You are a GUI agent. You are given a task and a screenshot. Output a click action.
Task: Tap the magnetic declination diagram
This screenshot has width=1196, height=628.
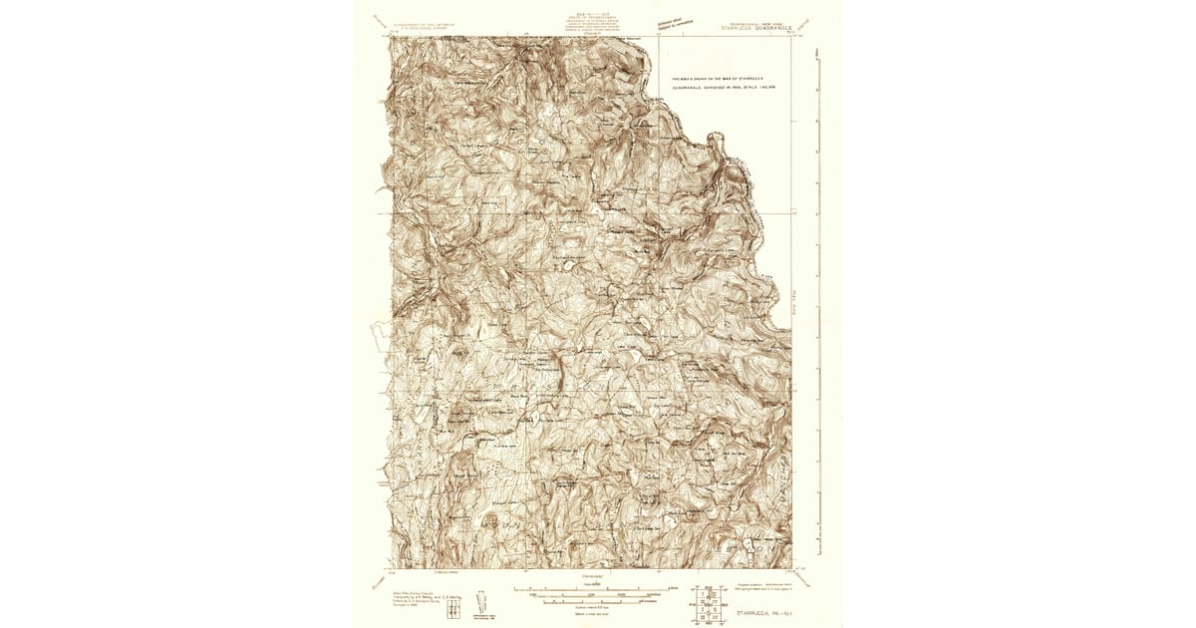[x=480, y=601]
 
